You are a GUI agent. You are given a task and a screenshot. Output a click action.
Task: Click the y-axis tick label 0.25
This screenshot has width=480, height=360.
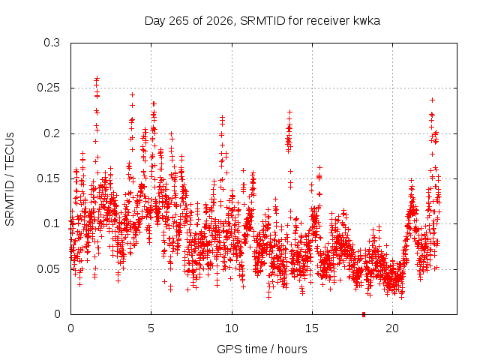click(x=48, y=88)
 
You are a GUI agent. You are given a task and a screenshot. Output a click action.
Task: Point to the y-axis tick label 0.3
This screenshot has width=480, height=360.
click(x=52, y=43)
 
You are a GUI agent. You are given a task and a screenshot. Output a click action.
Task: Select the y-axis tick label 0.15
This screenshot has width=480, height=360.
click(x=48, y=178)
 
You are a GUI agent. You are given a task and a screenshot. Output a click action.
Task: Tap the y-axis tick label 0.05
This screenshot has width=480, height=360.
click(x=48, y=269)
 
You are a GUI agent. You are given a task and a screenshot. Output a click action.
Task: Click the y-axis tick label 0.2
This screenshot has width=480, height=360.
click(x=52, y=133)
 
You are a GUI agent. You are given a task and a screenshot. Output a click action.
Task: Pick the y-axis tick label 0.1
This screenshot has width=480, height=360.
click(x=52, y=223)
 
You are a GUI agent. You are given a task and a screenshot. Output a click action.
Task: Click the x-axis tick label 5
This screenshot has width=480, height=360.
click(x=151, y=328)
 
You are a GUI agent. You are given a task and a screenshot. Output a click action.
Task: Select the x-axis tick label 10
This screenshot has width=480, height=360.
click(x=232, y=328)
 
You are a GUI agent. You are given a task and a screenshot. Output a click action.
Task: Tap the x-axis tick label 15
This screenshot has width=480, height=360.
click(x=312, y=328)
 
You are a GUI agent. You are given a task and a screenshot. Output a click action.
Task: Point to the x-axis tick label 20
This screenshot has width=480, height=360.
click(x=392, y=328)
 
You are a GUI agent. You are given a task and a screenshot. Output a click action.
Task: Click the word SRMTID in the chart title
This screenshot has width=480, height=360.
click(x=262, y=21)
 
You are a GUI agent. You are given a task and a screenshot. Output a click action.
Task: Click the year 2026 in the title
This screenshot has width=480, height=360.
click(x=220, y=21)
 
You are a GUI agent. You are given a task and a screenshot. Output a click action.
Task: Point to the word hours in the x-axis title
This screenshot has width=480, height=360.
click(x=292, y=349)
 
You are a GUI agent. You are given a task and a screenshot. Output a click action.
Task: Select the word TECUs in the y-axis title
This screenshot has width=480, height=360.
click(x=10, y=150)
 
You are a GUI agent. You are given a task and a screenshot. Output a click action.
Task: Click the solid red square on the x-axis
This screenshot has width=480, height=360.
click(x=364, y=314)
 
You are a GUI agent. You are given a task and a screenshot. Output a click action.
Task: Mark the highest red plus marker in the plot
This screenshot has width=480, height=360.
click(x=97, y=78)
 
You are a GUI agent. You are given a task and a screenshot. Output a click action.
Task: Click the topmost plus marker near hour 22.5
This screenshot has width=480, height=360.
click(x=432, y=100)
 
